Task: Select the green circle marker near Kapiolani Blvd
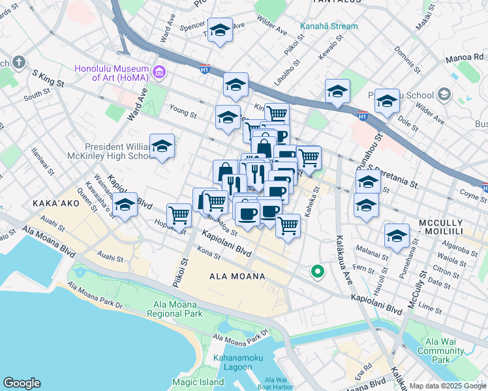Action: [317, 272]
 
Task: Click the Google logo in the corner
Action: [22, 383]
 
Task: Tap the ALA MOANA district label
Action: [237, 276]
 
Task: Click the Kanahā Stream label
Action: [329, 26]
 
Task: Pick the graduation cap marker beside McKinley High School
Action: [162, 147]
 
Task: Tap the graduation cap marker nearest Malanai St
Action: [397, 237]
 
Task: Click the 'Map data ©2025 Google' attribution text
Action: [448, 386]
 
